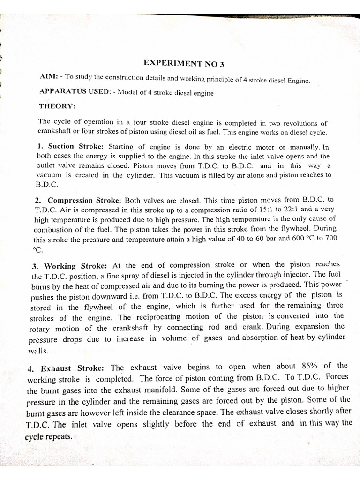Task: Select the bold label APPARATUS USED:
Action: point(74,92)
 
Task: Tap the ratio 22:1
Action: point(284,209)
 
